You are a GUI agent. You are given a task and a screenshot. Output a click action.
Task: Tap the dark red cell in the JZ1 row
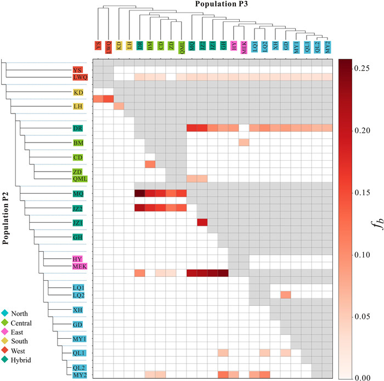[x=202, y=222]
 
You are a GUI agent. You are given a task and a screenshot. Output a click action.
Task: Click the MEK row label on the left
[x=80, y=266]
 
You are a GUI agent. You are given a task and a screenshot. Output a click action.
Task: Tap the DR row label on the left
[x=78, y=128]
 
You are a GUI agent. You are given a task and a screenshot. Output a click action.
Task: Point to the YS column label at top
[x=98, y=47]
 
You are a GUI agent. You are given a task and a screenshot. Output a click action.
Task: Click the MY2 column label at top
[x=327, y=47]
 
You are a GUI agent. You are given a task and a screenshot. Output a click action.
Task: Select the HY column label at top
[x=233, y=47]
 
